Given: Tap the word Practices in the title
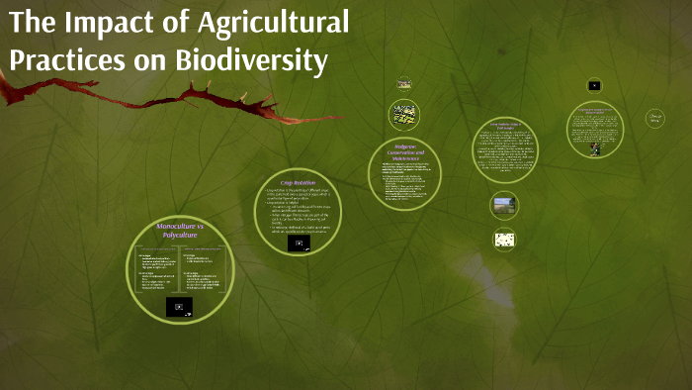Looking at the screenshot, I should (64, 61).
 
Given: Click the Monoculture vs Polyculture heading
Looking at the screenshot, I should (178, 232).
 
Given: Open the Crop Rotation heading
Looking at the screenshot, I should (298, 183).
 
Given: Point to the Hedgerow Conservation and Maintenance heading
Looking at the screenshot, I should (403, 155).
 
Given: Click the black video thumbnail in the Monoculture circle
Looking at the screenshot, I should (179, 308).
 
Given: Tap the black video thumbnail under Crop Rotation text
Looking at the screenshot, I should (299, 243).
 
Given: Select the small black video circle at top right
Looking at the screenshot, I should (594, 86).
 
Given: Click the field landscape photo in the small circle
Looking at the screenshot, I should (504, 205).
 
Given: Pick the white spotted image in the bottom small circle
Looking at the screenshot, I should (504, 239).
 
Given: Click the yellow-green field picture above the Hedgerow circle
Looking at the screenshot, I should (403, 113).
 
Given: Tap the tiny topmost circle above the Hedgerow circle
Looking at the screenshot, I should (403, 84).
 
